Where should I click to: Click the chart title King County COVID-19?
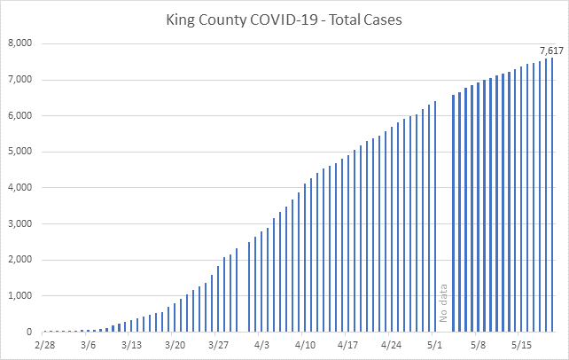tap(284, 20)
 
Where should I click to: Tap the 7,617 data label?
tap(550, 49)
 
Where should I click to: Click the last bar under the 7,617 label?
tap(552, 195)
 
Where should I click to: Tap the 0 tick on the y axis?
tap(29, 333)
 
